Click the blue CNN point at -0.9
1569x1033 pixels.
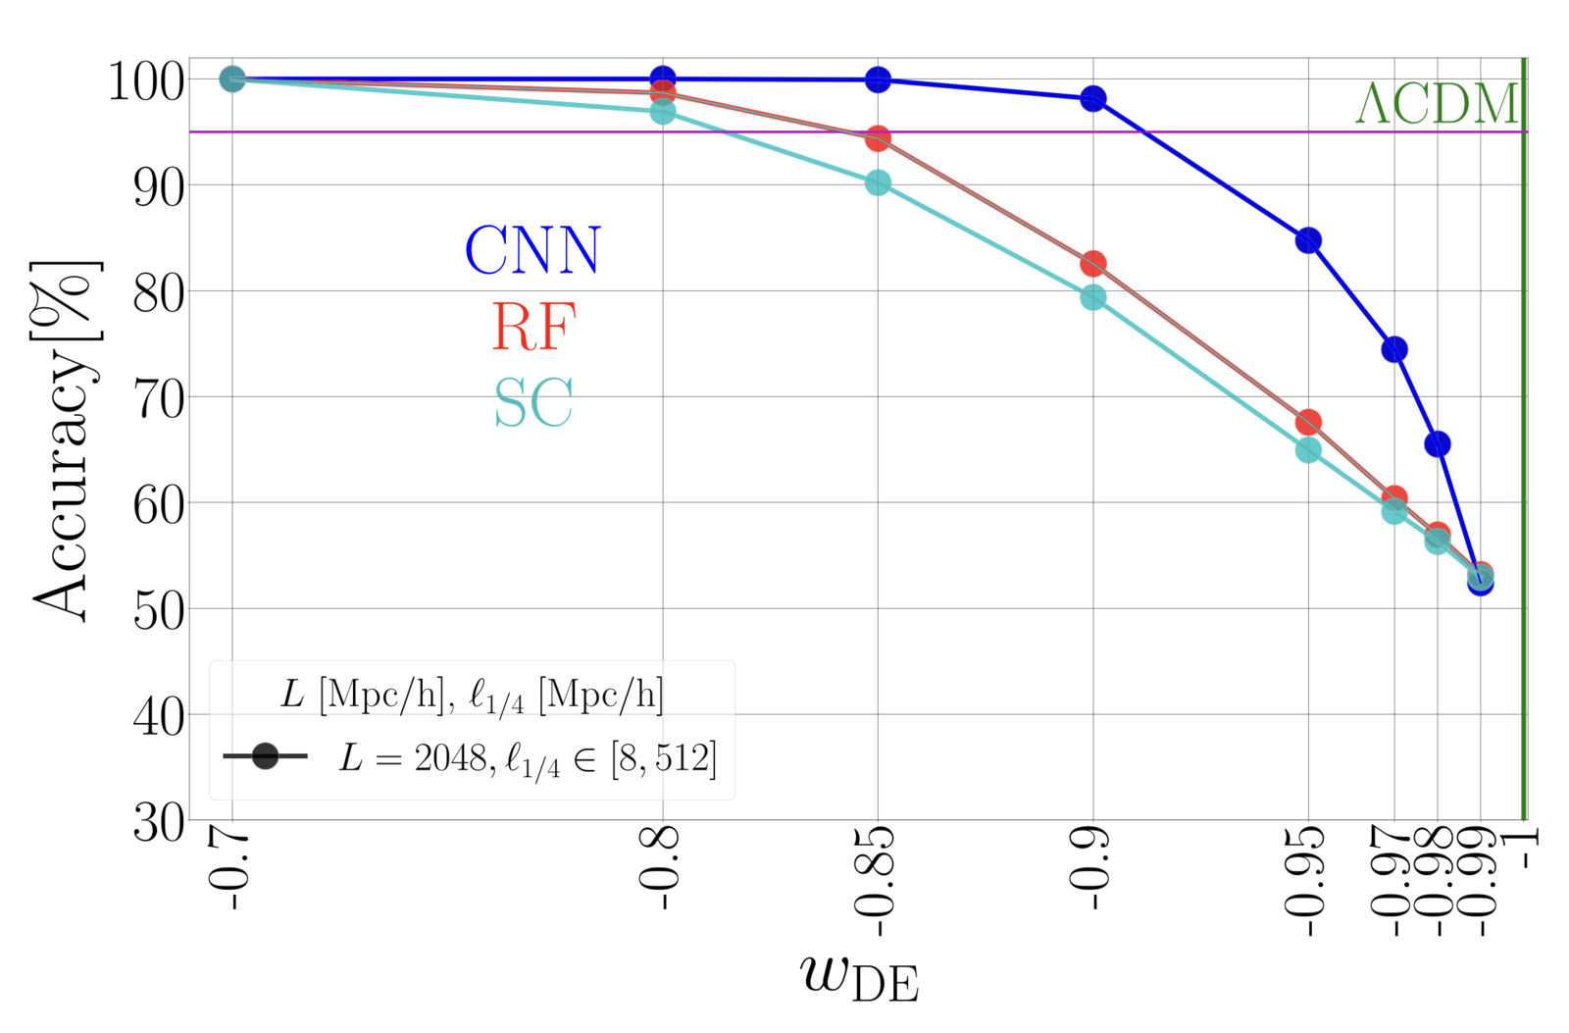click(x=1092, y=98)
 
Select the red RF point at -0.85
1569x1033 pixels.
click(x=878, y=138)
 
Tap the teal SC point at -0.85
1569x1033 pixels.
click(x=878, y=183)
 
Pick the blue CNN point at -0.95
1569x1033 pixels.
click(x=1308, y=240)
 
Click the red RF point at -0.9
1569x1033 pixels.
click(x=1092, y=264)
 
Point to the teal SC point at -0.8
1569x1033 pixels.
click(x=663, y=112)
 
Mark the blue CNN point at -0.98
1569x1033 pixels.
click(x=1437, y=444)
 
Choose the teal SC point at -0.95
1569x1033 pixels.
click(x=1308, y=450)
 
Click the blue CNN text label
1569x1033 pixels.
click(x=532, y=251)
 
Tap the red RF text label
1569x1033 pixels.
click(x=532, y=327)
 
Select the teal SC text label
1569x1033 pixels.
click(x=532, y=403)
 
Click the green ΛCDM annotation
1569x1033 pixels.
click(x=1436, y=104)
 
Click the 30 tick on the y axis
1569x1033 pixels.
click(x=158, y=822)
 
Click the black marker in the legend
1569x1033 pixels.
click(x=265, y=756)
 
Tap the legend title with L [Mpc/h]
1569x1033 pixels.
click(x=472, y=696)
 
